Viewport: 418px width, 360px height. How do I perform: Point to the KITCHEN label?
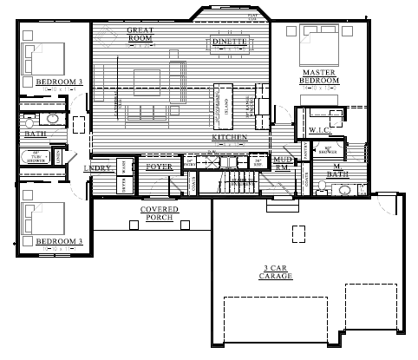click(x=230, y=138)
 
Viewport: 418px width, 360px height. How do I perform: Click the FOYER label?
click(x=159, y=166)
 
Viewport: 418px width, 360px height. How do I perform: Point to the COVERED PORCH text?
click(x=158, y=213)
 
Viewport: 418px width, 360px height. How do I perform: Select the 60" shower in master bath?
click(x=330, y=148)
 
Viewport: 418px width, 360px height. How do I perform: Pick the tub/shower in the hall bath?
click(x=36, y=159)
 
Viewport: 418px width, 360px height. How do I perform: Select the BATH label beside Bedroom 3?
click(x=36, y=134)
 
